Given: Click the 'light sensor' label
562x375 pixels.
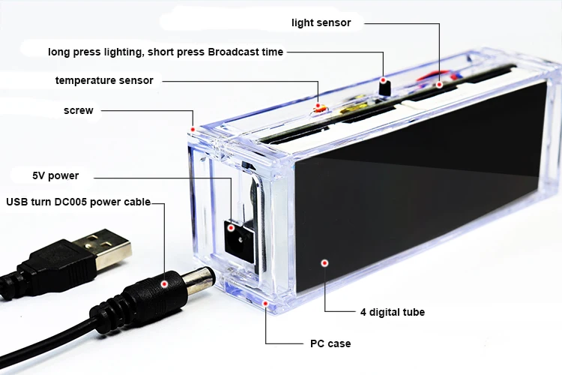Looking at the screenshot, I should pyautogui.click(x=321, y=22).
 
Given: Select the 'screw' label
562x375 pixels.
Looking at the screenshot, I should pyautogui.click(x=79, y=110).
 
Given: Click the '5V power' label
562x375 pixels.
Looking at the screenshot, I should pyautogui.click(x=55, y=176).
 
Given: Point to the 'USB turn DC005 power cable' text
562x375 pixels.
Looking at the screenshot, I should pyautogui.click(x=78, y=202).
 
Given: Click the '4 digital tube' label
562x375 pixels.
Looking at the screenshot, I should pyautogui.click(x=393, y=311).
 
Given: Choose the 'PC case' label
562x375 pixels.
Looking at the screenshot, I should pyautogui.click(x=330, y=343).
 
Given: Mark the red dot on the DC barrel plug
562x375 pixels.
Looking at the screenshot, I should pyautogui.click(x=164, y=284).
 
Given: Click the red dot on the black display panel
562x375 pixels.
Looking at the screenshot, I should pyautogui.click(x=324, y=262).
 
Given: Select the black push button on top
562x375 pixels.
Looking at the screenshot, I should pyautogui.click(x=385, y=85).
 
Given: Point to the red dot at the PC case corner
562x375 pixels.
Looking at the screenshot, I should pyautogui.click(x=265, y=304).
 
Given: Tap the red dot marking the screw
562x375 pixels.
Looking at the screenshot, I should pyautogui.click(x=193, y=129).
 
